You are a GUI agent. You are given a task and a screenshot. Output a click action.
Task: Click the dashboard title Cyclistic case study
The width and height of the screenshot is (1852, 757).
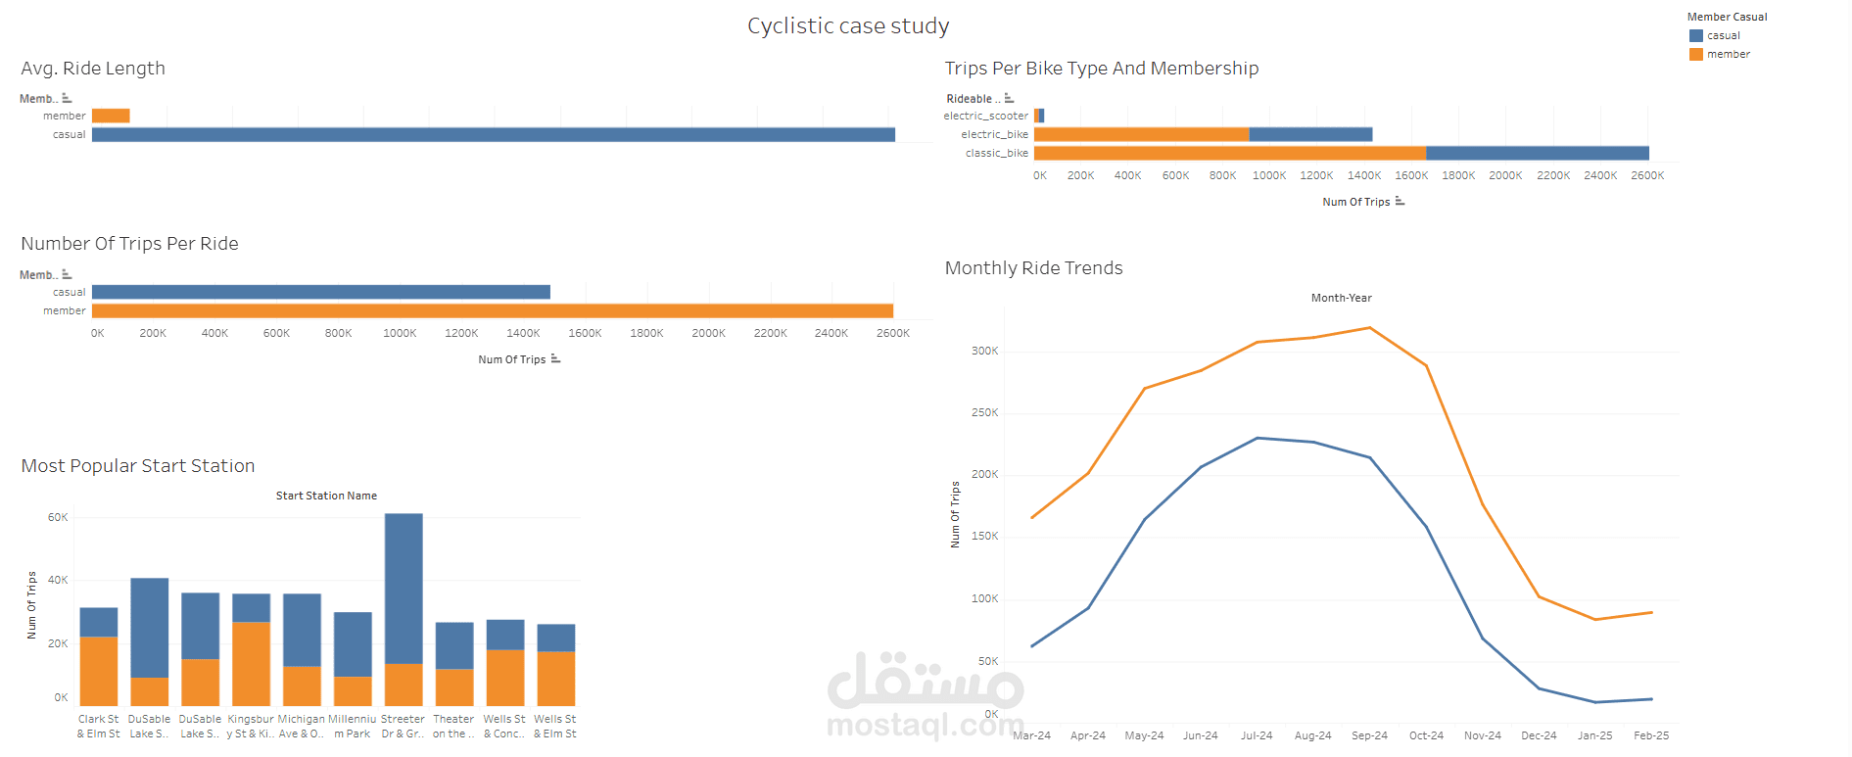(848, 26)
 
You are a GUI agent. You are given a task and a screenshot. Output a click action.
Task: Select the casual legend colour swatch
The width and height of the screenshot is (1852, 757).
(1696, 36)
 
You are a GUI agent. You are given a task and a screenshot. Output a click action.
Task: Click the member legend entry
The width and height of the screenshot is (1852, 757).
(1728, 55)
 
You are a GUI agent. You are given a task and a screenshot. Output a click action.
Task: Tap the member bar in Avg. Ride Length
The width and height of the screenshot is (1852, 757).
(111, 117)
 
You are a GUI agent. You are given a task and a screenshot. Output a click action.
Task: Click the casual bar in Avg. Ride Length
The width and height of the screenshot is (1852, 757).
(493, 135)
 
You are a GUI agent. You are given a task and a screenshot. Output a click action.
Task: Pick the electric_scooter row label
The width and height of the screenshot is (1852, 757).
(985, 117)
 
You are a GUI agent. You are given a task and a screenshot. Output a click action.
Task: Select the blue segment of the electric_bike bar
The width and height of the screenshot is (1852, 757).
(1310, 135)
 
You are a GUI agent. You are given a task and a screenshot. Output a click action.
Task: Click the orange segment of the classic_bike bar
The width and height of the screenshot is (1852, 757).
(1229, 154)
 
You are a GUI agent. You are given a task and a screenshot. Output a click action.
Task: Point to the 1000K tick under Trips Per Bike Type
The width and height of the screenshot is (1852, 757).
(1269, 176)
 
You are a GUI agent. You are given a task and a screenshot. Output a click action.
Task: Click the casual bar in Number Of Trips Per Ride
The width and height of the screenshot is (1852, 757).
(320, 293)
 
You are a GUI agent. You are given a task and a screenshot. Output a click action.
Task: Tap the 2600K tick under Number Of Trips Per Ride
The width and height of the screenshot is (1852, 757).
(892, 334)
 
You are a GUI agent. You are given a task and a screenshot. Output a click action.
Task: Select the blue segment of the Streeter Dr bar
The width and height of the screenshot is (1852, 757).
(404, 588)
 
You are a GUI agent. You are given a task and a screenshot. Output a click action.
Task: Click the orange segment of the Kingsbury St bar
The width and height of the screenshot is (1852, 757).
(251, 664)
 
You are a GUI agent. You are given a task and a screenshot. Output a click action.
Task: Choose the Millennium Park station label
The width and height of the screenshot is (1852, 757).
(352, 727)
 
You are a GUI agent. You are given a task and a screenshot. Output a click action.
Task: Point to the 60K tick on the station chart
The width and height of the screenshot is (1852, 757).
(58, 518)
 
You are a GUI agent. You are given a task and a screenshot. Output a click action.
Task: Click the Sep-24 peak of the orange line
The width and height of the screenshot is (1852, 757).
(1369, 328)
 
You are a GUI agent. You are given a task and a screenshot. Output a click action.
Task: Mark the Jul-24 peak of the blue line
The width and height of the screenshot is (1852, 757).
(1257, 439)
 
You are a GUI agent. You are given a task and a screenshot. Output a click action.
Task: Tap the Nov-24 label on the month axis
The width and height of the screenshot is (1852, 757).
(1482, 736)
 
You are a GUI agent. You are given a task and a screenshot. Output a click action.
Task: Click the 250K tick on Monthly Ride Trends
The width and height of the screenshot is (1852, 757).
(984, 413)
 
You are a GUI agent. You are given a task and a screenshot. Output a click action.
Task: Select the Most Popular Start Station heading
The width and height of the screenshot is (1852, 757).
(138, 466)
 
